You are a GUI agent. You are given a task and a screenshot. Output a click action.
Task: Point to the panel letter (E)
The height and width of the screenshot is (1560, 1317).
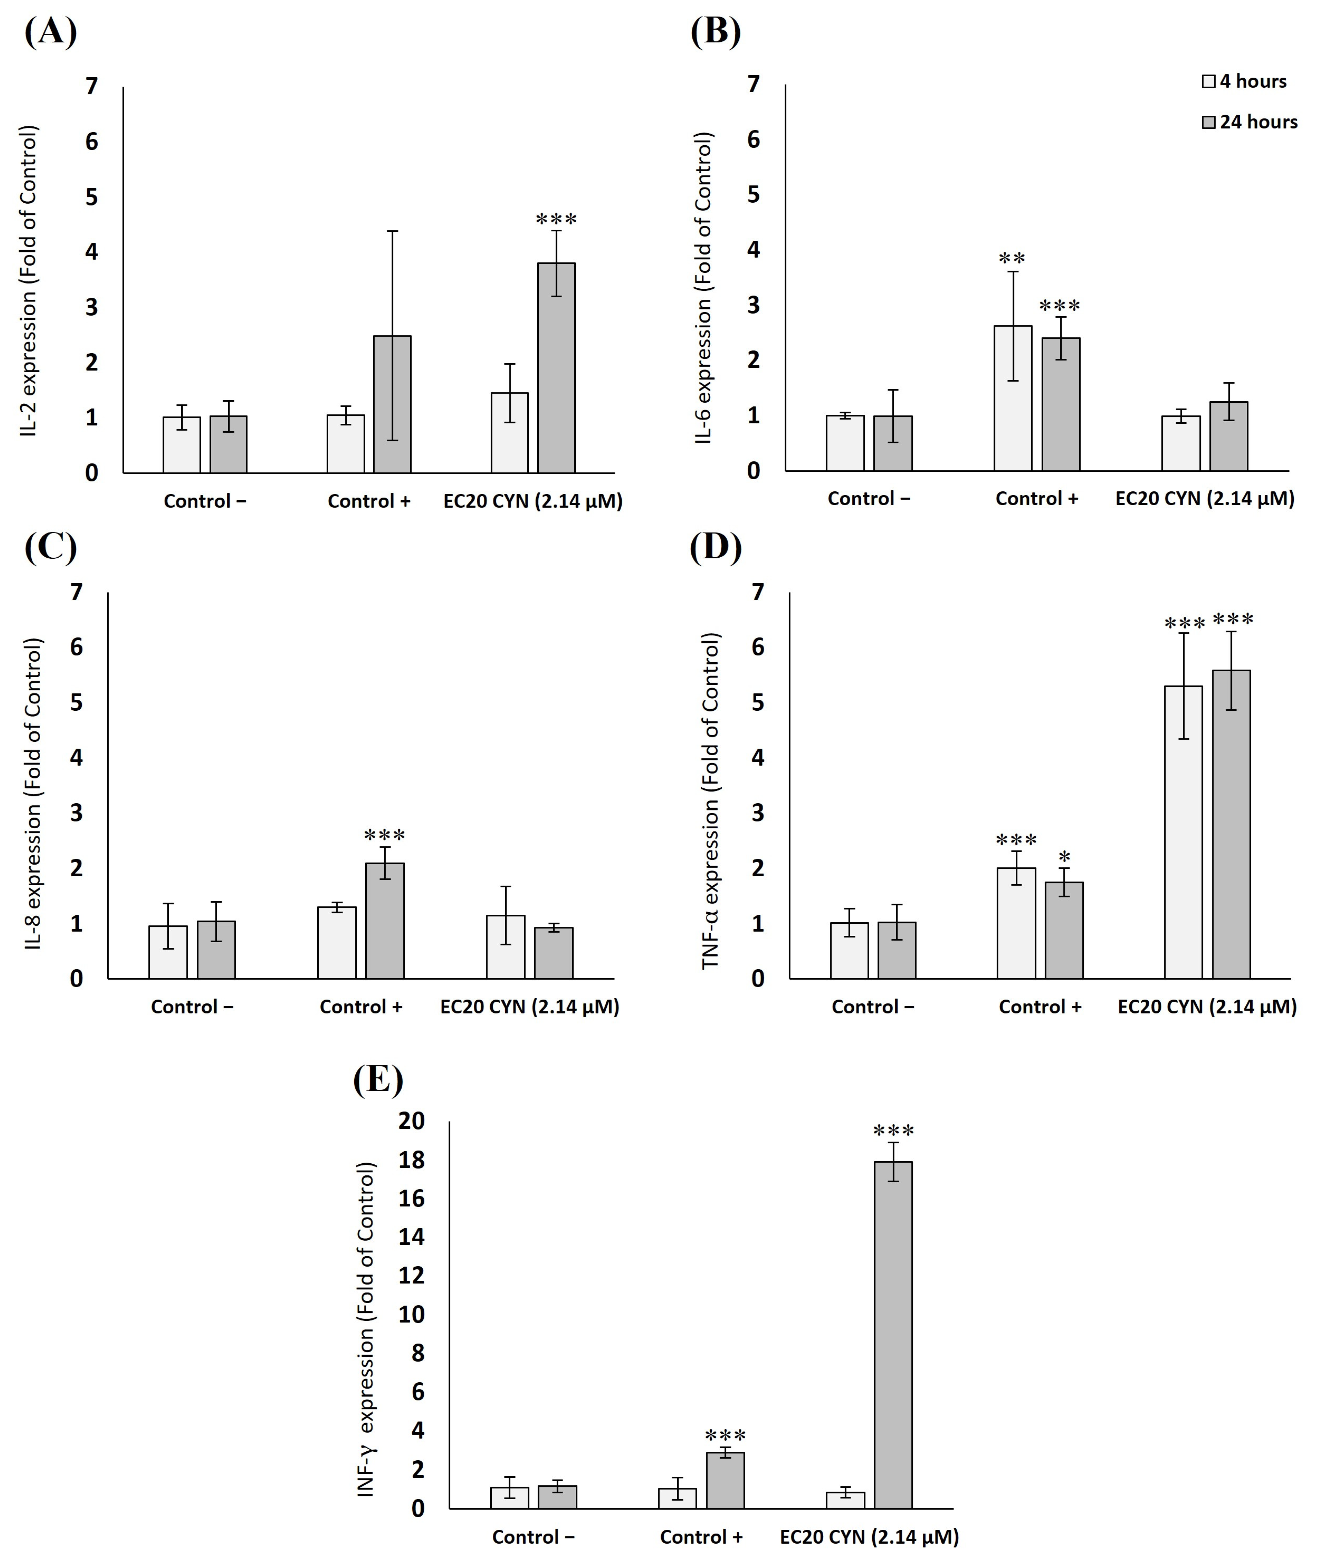378,1079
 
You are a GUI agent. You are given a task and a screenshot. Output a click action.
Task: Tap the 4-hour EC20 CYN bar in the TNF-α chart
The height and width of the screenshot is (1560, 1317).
1183,832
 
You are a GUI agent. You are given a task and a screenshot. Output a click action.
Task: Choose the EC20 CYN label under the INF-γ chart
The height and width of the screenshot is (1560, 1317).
869,1537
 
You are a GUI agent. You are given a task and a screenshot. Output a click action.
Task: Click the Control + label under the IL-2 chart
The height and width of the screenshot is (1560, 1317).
369,501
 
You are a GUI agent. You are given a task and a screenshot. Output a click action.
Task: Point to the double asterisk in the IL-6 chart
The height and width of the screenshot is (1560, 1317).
1012,259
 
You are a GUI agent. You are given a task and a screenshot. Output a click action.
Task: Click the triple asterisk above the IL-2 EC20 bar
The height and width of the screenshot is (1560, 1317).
556,220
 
